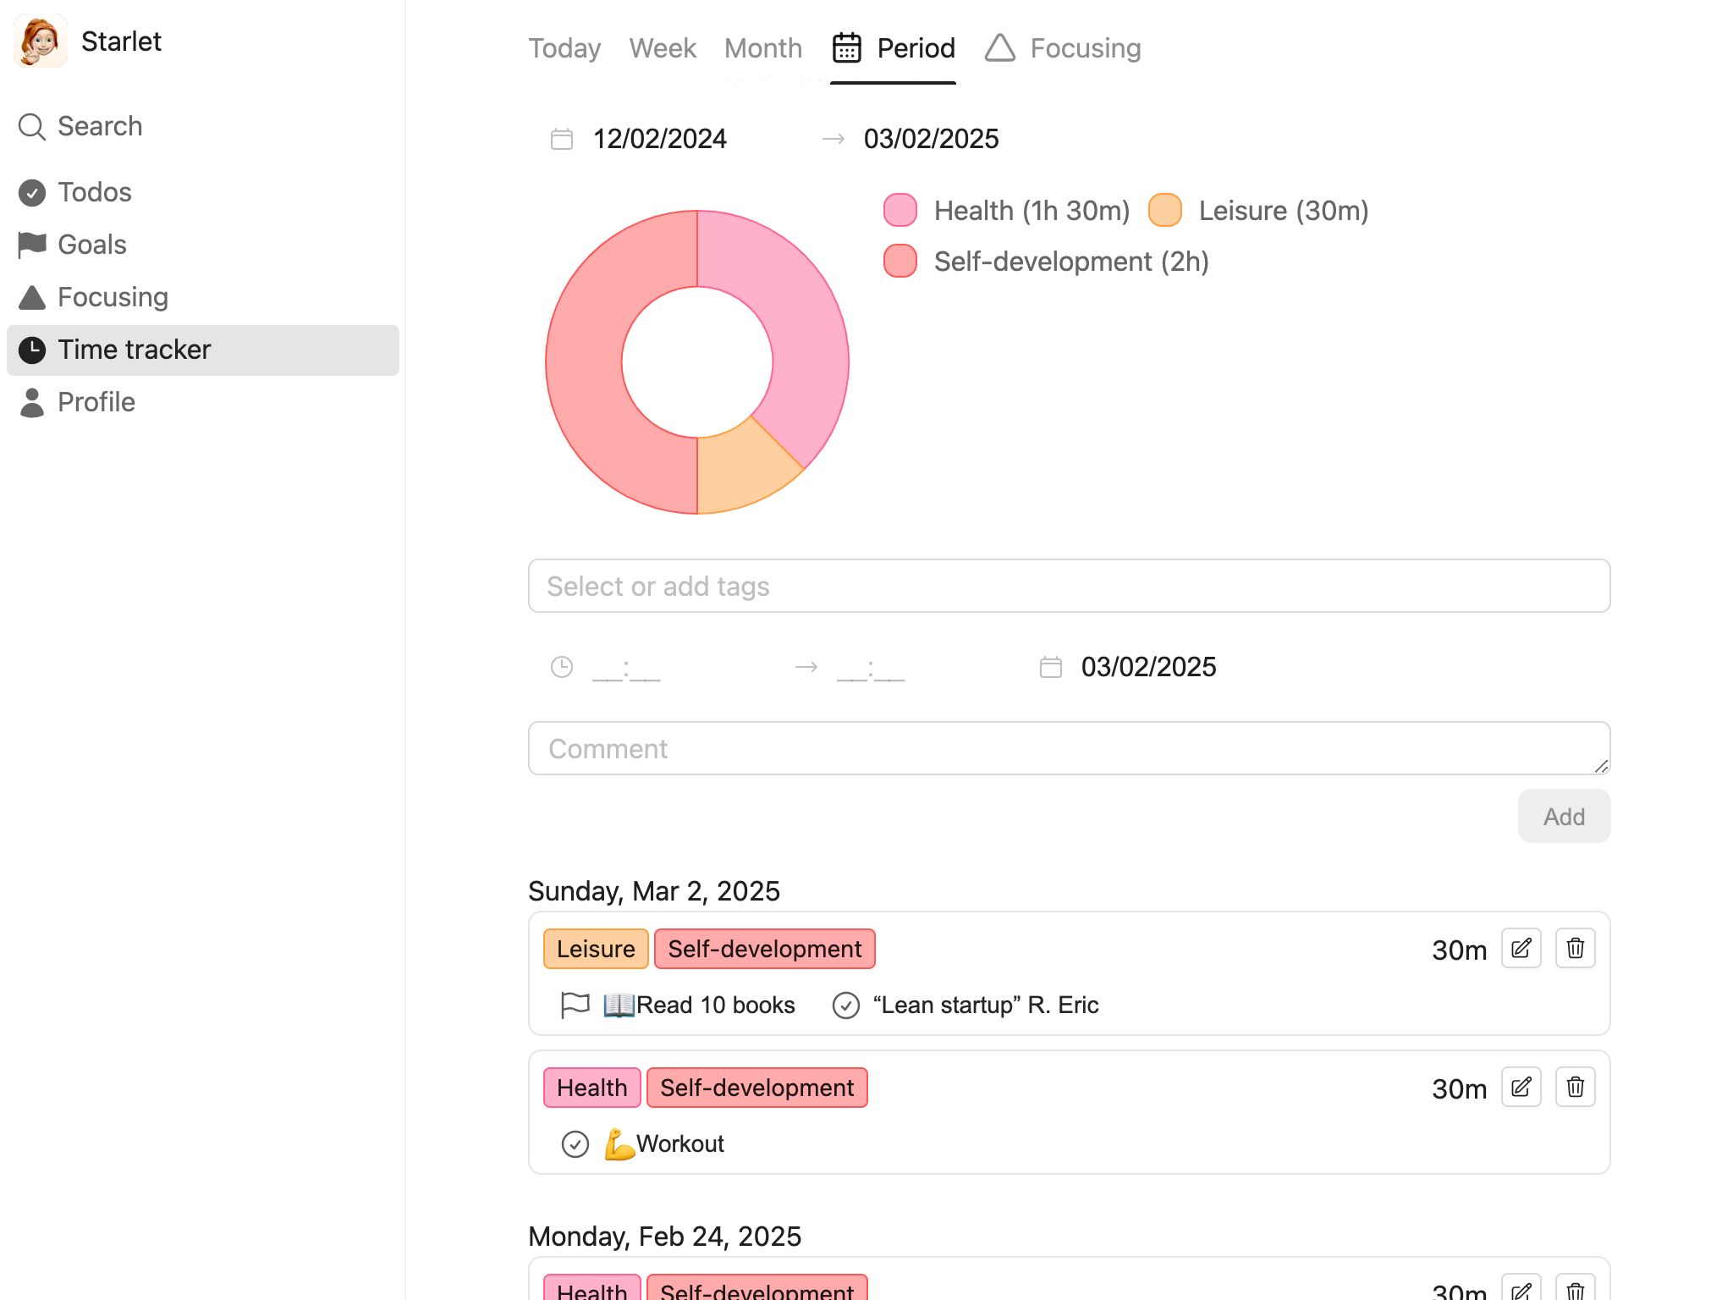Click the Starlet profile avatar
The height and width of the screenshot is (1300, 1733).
[41, 41]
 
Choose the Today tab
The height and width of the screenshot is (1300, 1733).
[564, 48]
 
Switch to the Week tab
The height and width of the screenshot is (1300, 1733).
[663, 48]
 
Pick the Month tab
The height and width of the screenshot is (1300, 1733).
[763, 48]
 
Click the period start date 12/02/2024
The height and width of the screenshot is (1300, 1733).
[660, 139]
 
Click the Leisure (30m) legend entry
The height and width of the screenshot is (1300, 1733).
[1258, 211]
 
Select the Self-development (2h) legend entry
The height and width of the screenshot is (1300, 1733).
[1046, 262]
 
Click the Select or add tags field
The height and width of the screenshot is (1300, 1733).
[1069, 586]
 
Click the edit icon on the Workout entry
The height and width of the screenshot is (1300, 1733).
[1521, 1087]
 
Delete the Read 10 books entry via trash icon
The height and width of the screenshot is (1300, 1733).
[1575, 948]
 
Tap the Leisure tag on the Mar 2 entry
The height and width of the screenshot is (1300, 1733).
[596, 949]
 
